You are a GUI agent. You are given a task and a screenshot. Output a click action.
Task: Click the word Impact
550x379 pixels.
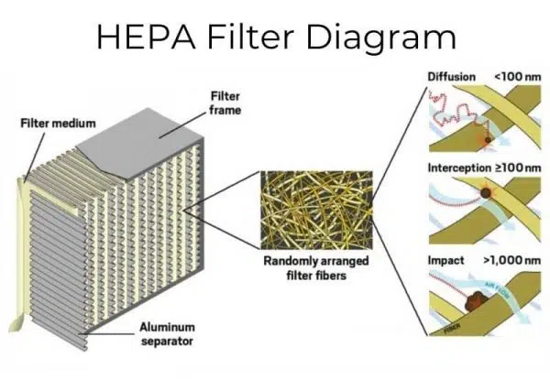click(x=446, y=261)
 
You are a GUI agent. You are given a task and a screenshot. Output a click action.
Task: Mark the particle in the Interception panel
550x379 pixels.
click(x=484, y=195)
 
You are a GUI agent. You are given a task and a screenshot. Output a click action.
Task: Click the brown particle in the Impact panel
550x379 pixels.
click(x=478, y=299)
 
